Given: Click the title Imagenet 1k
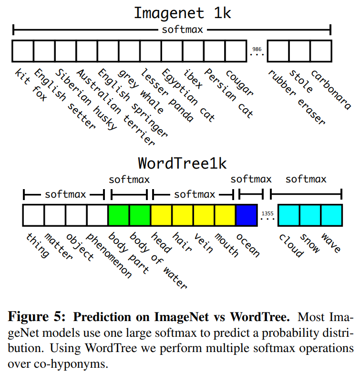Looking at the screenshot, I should (x=182, y=12).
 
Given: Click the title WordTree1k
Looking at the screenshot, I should (x=182, y=163).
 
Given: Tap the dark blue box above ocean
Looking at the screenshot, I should (x=247, y=215).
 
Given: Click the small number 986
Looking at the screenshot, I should (x=257, y=49).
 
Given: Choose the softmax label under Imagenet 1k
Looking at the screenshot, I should (x=183, y=30).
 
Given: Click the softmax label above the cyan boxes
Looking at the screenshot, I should (x=306, y=179).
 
